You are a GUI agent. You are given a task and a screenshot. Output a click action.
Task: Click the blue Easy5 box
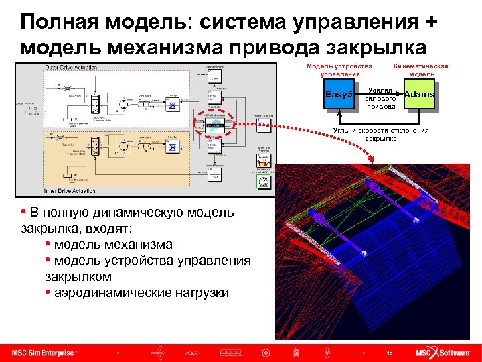(x=337, y=95)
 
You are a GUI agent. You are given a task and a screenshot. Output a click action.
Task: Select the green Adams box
(x=420, y=95)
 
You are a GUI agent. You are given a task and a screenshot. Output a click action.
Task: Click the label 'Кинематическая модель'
(x=421, y=70)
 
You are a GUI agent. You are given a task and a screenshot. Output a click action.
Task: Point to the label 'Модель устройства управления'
(x=338, y=70)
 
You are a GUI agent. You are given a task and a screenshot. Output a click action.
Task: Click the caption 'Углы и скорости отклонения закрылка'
(x=380, y=135)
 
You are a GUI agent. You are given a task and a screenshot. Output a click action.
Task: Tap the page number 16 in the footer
(x=389, y=353)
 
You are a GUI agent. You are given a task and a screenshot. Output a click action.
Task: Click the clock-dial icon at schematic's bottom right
(x=262, y=182)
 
